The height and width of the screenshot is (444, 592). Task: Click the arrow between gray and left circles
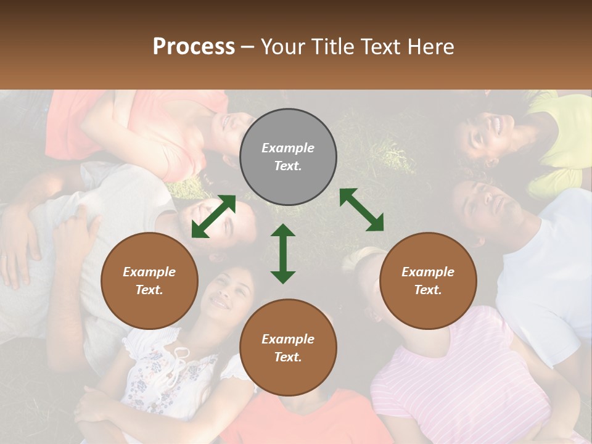213,216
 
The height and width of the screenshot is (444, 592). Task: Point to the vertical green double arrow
283,253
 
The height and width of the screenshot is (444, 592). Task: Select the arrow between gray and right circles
361,210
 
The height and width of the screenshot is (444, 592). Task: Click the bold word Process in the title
194,46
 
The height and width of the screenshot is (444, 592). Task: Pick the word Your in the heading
283,46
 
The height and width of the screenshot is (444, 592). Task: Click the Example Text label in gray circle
288,157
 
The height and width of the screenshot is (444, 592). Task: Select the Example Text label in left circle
149,281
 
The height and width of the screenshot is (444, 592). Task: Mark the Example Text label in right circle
428,281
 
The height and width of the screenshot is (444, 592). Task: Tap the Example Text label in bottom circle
288,348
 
